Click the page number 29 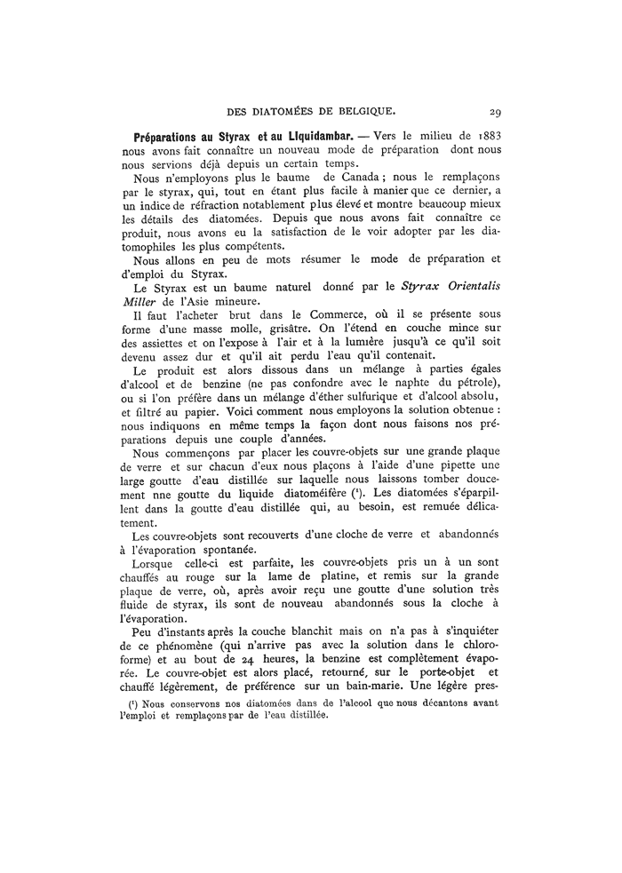[497, 112]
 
